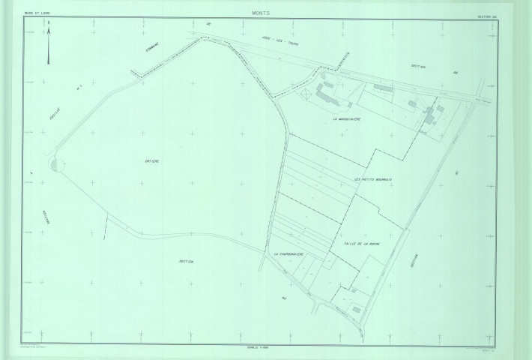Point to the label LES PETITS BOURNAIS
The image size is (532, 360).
pos(375,178)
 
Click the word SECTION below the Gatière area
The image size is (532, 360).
pos(187,262)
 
